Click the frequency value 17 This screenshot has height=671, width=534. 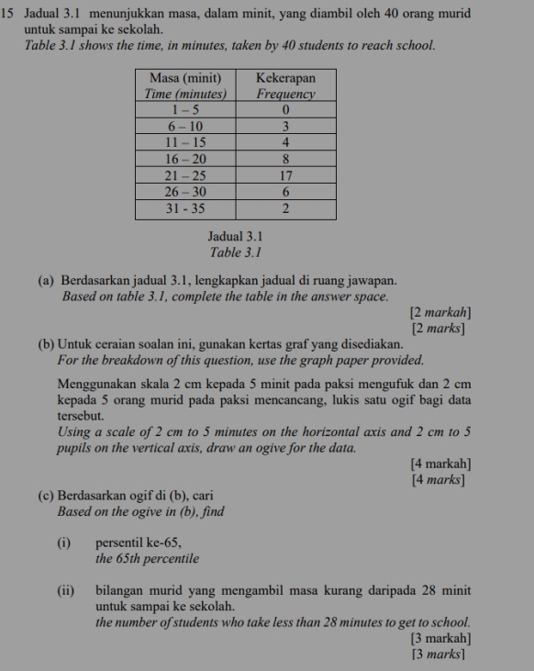tap(285, 175)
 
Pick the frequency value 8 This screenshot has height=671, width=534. tap(285, 159)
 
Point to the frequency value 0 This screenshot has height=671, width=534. tap(285, 109)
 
